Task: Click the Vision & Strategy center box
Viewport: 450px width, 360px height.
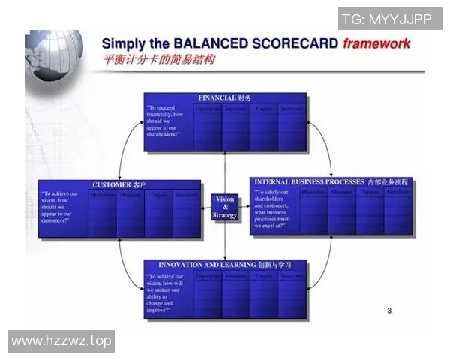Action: [x=225, y=207]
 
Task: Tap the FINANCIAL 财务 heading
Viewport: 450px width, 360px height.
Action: [x=225, y=98]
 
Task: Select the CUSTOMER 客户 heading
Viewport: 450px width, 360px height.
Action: [x=119, y=184]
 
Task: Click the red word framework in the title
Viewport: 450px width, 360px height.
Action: [x=376, y=43]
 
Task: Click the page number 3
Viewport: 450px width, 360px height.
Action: [x=388, y=310]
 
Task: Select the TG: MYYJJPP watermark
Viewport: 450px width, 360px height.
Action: [x=385, y=19]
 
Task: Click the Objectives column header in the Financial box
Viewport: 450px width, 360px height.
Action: [x=208, y=109]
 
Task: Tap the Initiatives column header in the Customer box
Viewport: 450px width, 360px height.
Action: [x=186, y=196]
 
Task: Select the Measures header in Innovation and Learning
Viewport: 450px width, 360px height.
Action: [x=236, y=276]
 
